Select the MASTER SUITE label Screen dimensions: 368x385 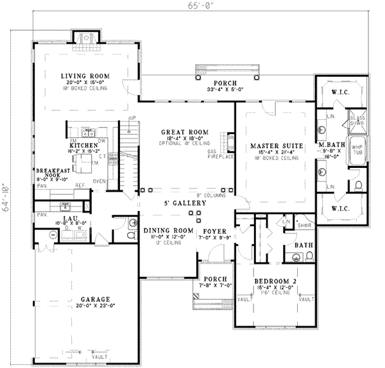click(270, 145)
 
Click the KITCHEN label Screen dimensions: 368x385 click(85, 146)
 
